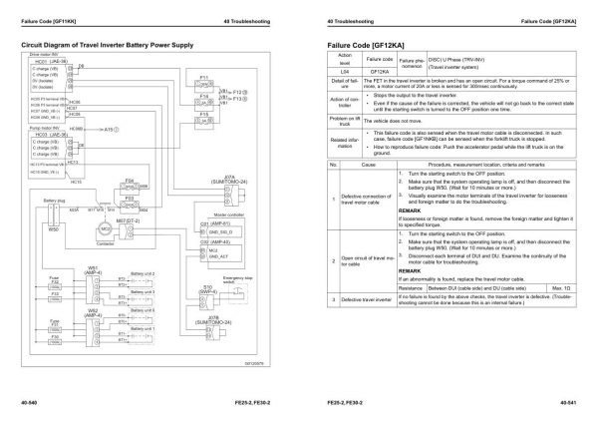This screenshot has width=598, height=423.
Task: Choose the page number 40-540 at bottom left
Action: (x=30, y=402)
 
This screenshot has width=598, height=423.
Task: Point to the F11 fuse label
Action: (x=202, y=76)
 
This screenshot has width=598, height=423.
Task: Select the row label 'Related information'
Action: (x=344, y=141)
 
